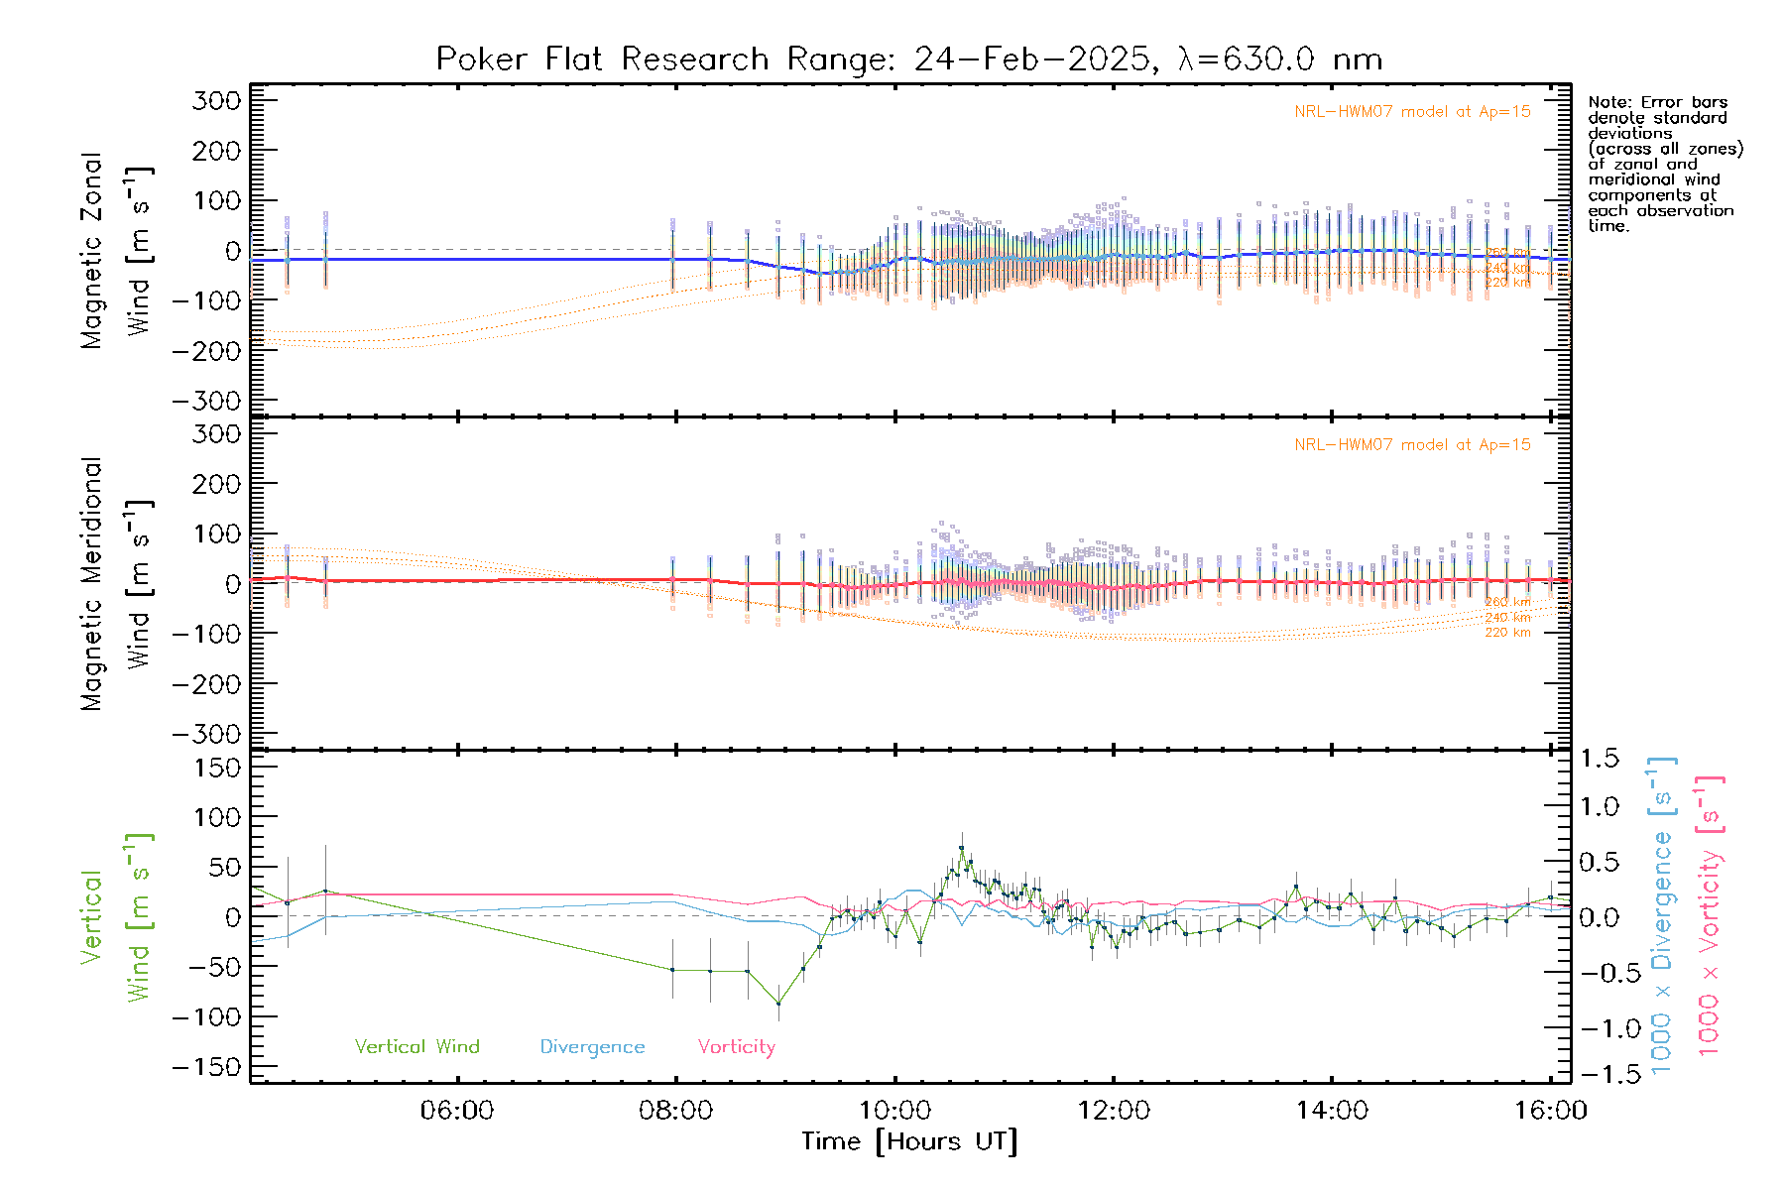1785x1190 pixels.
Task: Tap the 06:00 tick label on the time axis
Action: [x=457, y=1110]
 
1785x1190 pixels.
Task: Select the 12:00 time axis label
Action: [x=1114, y=1110]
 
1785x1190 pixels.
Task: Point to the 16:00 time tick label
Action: [x=1551, y=1110]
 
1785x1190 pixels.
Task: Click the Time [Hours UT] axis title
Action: [x=909, y=1141]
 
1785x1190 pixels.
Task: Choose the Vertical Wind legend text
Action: [x=416, y=1046]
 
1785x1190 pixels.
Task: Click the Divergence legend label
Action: [x=592, y=1046]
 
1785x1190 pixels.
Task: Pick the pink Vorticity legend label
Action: [x=736, y=1046]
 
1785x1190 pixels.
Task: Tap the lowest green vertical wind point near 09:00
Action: [x=778, y=1004]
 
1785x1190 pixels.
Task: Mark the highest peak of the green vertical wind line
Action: [x=961, y=848]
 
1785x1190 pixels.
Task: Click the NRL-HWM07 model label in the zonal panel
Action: [x=1412, y=112]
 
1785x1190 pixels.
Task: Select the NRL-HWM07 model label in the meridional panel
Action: [x=1412, y=445]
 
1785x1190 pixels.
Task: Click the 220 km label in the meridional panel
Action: [x=1507, y=633]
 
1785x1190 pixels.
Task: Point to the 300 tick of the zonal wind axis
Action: [x=216, y=101]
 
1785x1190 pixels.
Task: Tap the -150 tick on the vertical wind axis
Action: [x=206, y=1067]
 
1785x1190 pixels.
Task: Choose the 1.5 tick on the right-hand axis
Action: [x=1599, y=759]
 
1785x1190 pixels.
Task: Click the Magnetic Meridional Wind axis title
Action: [x=117, y=585]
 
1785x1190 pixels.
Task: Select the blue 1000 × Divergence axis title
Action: [x=1660, y=914]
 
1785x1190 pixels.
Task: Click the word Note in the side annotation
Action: [x=1606, y=102]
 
